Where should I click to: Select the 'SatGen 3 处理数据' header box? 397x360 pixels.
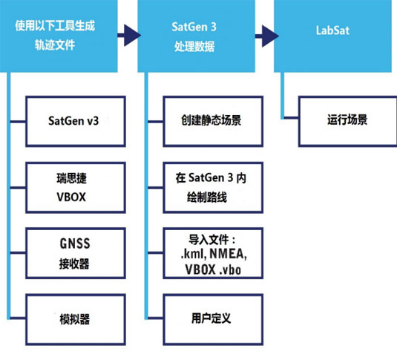pos(188,35)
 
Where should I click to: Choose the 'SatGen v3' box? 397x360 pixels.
pos(73,120)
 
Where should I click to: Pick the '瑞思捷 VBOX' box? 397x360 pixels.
pos(73,186)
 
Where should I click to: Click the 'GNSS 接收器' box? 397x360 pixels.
pos(73,252)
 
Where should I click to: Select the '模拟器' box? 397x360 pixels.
pos(73,319)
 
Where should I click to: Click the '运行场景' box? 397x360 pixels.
pos(347,120)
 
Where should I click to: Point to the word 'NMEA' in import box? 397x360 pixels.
pos(225,255)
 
